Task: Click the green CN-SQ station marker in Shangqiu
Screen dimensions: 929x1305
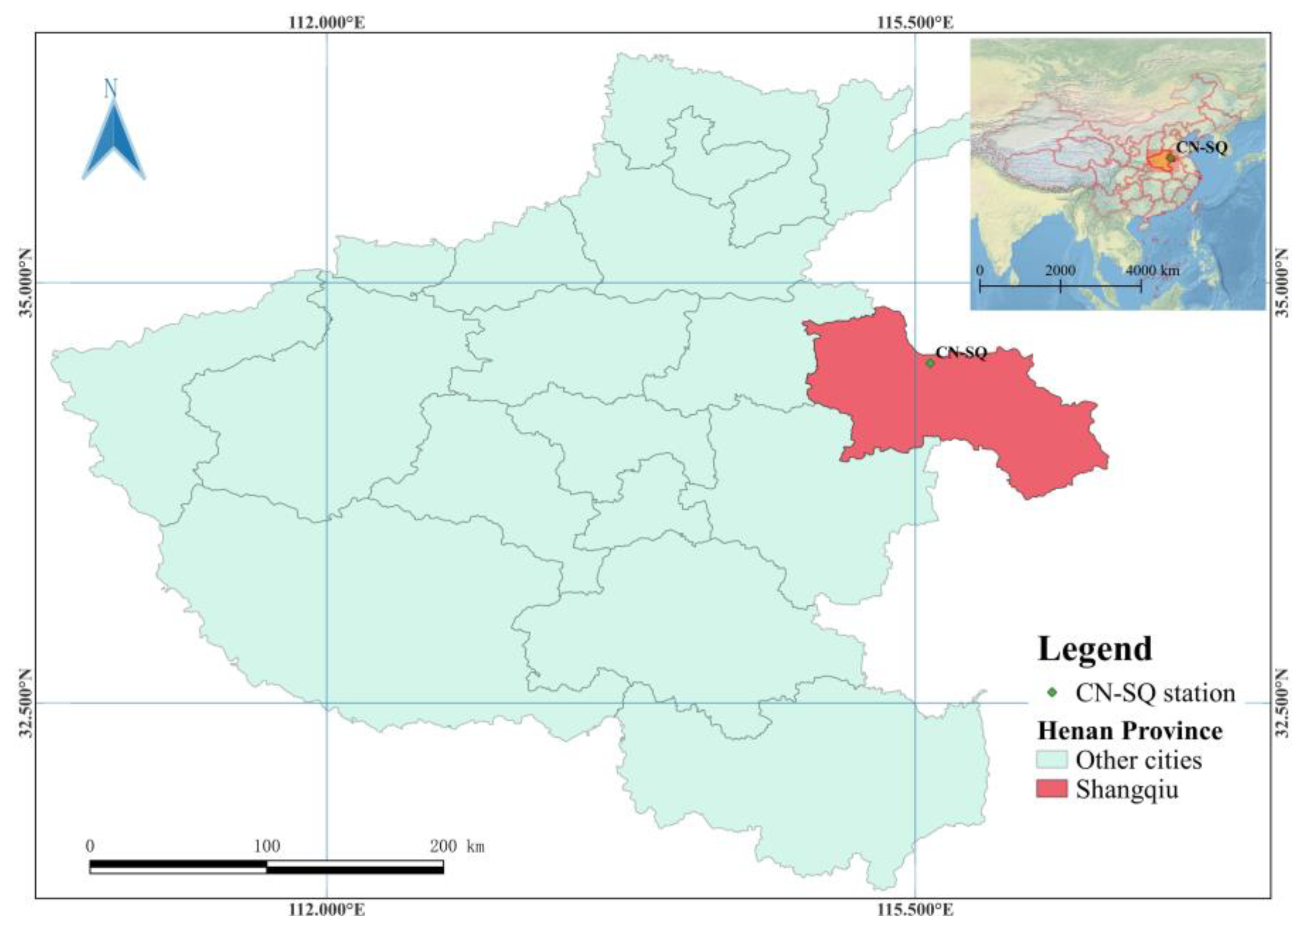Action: click(x=930, y=362)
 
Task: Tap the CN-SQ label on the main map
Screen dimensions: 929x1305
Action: click(x=961, y=353)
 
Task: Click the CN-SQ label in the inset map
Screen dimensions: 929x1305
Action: click(x=1201, y=148)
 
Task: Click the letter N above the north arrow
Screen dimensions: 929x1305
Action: click(x=110, y=89)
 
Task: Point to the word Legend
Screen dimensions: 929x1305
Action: click(x=1094, y=649)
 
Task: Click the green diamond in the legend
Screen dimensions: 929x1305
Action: click(x=1051, y=693)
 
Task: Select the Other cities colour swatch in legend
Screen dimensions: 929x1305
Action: click(x=1051, y=760)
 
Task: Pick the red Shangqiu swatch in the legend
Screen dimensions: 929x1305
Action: click(x=1051, y=789)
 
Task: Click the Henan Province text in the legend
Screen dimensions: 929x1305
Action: click(x=1130, y=731)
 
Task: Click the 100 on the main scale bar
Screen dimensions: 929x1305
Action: click(x=266, y=846)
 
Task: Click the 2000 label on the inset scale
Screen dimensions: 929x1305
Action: click(x=1060, y=270)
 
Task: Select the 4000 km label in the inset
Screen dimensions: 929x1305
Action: click(x=1152, y=270)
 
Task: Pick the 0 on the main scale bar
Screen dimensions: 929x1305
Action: click(x=90, y=846)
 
